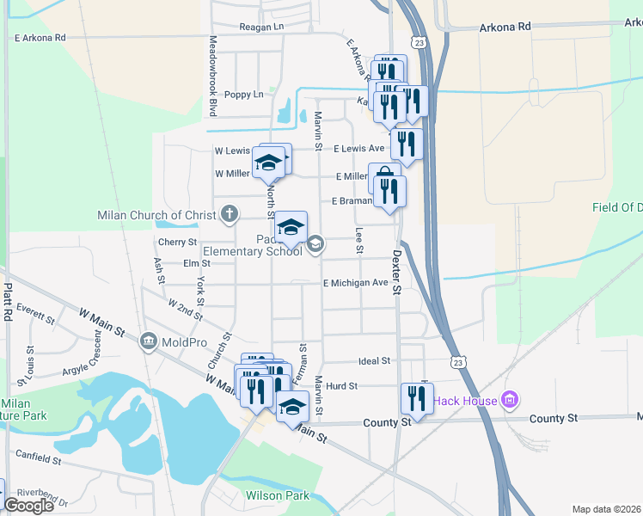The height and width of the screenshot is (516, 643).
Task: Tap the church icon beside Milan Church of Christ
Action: [229, 213]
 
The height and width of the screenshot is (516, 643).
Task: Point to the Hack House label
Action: [464, 401]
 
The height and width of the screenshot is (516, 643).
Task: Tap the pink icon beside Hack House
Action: [510, 400]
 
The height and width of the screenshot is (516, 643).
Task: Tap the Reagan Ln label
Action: [261, 27]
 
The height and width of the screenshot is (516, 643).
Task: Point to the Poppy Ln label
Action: [243, 95]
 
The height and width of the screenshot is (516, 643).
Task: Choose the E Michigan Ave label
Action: [356, 283]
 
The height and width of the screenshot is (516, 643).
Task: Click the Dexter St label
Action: [396, 273]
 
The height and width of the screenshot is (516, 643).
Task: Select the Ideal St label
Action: [374, 361]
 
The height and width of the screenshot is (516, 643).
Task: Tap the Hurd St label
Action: [341, 386]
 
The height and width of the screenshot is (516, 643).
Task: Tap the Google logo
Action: [28, 506]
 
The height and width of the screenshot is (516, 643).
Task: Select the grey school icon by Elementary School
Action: [315, 245]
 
